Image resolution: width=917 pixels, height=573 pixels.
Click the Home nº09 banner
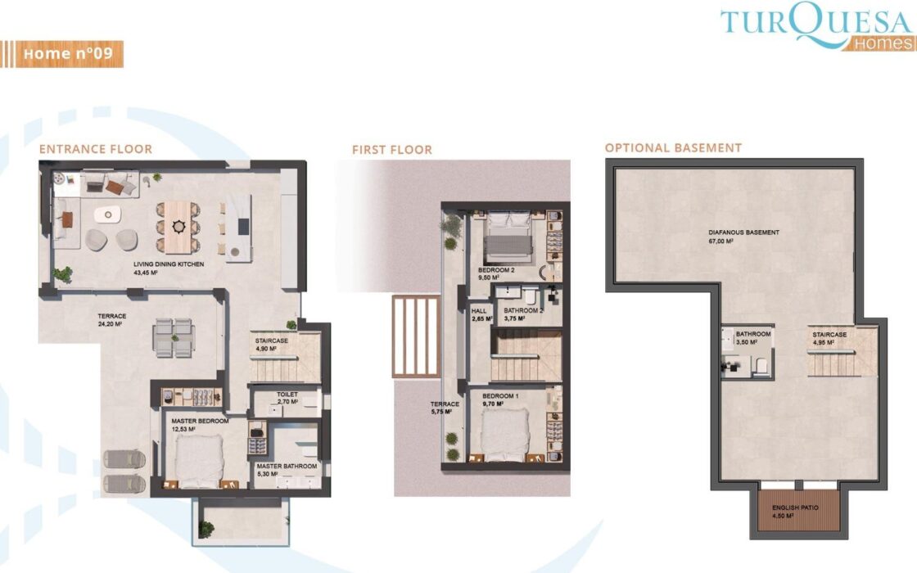(61, 54)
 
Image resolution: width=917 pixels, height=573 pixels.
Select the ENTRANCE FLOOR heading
(95, 149)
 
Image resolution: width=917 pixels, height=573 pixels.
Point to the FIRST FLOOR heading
(392, 150)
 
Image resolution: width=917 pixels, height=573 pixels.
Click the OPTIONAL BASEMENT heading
(673, 148)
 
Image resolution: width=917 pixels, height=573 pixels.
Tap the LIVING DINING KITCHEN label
(169, 264)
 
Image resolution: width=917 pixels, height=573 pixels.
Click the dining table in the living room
(178, 227)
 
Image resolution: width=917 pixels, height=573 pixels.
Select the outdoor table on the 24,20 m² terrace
(174, 338)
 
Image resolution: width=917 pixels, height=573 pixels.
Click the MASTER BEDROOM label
(200, 421)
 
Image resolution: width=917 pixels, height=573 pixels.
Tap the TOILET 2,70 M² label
(287, 398)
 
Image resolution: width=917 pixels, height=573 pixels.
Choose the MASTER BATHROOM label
(287, 467)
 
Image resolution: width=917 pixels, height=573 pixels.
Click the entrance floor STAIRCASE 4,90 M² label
(271, 345)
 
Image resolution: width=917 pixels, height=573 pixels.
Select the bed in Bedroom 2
(508, 237)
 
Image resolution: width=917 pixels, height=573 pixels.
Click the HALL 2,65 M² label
(481, 315)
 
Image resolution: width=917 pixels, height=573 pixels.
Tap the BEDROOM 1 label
(500, 396)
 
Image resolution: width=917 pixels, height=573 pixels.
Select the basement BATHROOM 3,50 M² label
(752, 338)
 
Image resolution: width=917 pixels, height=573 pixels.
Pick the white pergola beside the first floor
(416, 336)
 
